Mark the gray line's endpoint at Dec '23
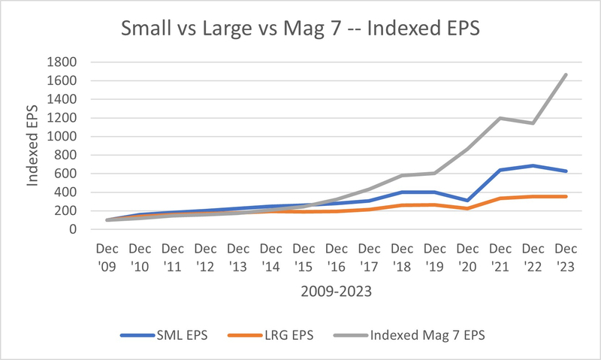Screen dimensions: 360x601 566,74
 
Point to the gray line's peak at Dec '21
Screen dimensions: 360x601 500,118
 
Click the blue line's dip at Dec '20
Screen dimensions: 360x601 467,201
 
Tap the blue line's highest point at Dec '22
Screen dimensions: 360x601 533,165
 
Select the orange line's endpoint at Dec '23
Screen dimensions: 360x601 566,196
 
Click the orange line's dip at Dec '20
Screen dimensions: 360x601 467,208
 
